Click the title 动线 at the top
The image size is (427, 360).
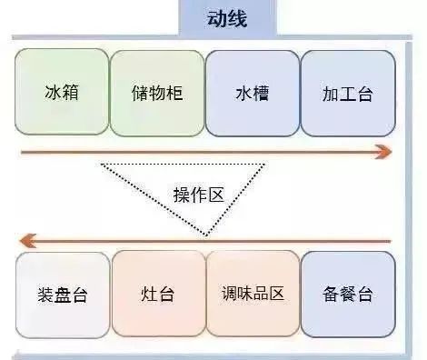pyautogui.click(x=228, y=19)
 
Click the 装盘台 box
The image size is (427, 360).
pyautogui.click(x=62, y=294)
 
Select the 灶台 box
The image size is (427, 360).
pyautogui.click(x=158, y=294)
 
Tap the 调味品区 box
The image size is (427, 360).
pyautogui.click(x=253, y=294)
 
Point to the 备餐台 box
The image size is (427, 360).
pyautogui.click(x=347, y=294)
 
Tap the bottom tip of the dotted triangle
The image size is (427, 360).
pyautogui.click(x=207, y=235)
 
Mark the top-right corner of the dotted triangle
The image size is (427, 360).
pyautogui.click(x=265, y=165)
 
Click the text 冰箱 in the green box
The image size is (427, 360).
pyautogui.click(x=61, y=93)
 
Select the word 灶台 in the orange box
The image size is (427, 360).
pyautogui.click(x=158, y=295)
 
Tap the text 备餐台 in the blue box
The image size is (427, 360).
pyautogui.click(x=347, y=295)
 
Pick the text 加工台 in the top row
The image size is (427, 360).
pyautogui.click(x=347, y=93)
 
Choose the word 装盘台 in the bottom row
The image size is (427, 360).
pyautogui.click(x=62, y=295)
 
